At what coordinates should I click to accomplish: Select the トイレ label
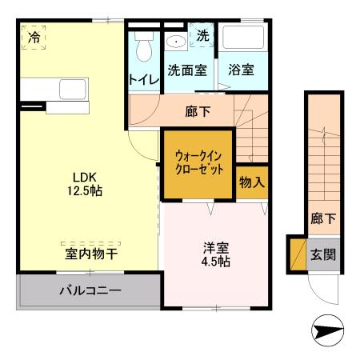144,79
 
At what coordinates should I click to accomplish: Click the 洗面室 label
187,70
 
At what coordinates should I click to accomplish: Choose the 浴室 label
241,70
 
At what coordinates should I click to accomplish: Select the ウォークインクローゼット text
198,162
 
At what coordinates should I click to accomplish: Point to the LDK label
85,177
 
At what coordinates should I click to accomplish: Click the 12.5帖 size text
85,191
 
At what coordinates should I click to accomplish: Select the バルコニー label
90,289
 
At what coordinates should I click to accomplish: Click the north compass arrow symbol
326,329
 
